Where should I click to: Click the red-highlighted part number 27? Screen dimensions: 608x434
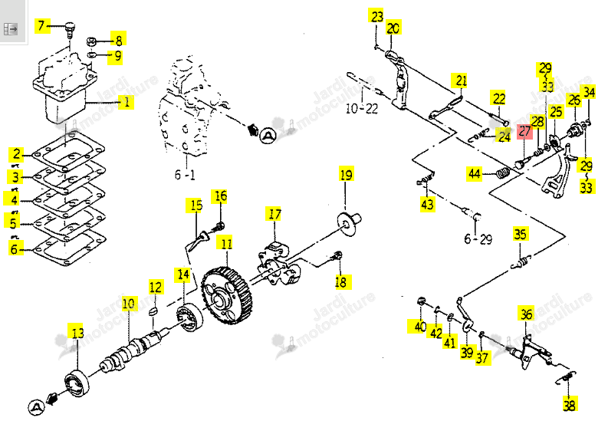(524, 132)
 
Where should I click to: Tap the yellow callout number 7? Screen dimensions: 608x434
(42, 25)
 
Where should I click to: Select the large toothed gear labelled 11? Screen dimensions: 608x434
(227, 295)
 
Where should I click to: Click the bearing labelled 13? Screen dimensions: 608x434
(77, 383)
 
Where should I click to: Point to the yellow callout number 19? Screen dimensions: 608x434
(346, 174)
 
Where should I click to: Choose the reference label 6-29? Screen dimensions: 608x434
(478, 239)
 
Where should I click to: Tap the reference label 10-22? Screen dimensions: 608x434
(361, 108)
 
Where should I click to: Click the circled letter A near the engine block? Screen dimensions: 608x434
(268, 136)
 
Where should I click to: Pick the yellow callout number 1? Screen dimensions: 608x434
(126, 102)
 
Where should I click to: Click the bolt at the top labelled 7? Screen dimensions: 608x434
(70, 29)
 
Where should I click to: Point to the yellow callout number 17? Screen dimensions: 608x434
(274, 214)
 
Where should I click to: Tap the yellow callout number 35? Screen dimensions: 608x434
(520, 234)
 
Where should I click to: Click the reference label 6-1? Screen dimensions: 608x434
(185, 175)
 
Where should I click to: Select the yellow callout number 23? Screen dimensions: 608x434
(376, 16)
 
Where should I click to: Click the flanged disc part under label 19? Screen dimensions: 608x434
(349, 222)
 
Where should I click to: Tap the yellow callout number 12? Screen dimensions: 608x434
(156, 287)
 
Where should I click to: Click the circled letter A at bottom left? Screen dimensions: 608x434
(36, 407)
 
